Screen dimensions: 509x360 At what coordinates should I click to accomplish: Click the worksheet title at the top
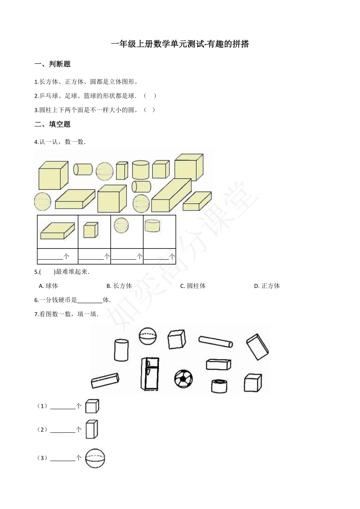pos(180,44)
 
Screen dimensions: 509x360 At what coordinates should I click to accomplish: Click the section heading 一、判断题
pos(53,64)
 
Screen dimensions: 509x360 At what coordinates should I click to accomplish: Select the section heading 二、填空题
pos(53,124)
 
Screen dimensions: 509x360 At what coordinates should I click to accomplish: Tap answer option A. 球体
pos(49,286)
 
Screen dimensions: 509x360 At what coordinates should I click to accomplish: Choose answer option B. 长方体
pos(119,286)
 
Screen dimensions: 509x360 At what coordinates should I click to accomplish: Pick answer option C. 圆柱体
pos(193,286)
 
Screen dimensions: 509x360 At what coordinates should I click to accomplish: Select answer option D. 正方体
pos(267,286)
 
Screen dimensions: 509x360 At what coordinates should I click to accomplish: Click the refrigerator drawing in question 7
pos(149,373)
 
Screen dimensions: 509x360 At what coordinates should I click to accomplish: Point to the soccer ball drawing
pos(183,378)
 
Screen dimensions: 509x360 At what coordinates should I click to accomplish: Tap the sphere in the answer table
pos(121,225)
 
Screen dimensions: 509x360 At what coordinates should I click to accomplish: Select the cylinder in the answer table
pos(152,226)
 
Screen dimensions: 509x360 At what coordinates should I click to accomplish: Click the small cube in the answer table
pos(91,230)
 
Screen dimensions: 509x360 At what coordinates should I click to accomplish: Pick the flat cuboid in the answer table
pos(58,231)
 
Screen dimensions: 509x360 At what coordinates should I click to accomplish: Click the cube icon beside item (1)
pos(92,406)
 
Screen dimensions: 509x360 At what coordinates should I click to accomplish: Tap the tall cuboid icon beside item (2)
pos(91,429)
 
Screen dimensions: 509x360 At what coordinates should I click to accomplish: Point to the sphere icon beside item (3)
pos(95,458)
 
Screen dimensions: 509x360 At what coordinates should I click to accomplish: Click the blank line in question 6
pos(90,300)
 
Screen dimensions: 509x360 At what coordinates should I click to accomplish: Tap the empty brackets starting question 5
pos(47,272)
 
